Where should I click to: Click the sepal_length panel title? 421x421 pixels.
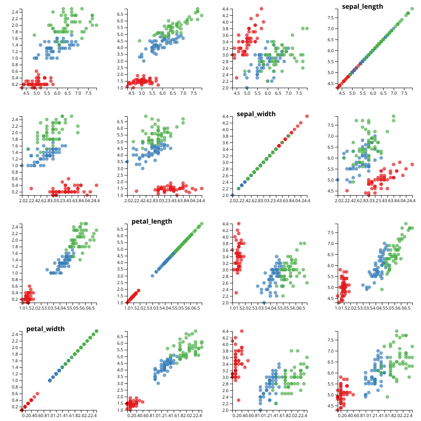362,7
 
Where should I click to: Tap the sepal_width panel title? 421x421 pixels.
256,114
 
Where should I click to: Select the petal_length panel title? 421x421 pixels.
152,221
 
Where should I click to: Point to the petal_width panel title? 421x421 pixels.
46,329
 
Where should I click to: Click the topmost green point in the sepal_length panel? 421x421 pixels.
412,9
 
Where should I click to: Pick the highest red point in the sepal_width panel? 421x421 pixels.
307,116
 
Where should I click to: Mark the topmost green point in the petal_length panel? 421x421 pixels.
202,224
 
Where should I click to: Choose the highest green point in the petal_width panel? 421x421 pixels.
96,331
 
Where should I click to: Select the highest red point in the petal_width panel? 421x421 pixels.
37,394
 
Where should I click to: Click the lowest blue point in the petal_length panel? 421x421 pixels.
153,276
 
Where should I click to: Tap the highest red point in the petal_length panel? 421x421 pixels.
139,290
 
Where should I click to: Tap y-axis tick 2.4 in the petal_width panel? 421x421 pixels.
14,334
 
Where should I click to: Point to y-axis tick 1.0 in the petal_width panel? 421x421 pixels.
14,380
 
